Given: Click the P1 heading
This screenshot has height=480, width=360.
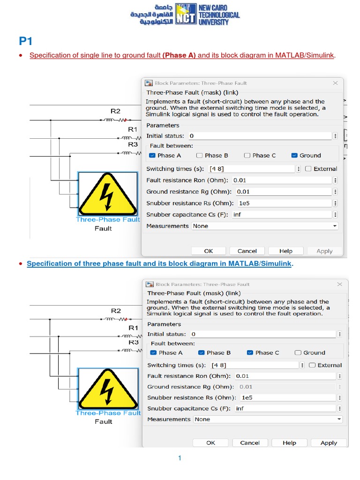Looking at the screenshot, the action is coord(25,41).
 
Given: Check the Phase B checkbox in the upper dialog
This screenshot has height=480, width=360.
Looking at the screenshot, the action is coord(199,156).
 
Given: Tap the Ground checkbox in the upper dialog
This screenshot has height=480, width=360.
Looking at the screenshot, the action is coord(294,156).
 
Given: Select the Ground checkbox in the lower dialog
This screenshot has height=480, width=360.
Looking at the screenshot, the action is coord(298,352).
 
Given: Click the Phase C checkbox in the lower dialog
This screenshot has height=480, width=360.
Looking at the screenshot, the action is coord(250,352).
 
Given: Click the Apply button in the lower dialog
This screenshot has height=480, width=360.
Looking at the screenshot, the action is coord(329,443).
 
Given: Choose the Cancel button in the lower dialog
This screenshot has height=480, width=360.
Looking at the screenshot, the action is coord(250,443).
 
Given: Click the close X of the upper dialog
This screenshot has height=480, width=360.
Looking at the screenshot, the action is coord(335,83).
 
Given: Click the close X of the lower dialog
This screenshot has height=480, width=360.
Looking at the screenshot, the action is coord(339,284).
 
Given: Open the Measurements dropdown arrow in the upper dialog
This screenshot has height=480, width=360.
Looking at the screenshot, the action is coord(335,226).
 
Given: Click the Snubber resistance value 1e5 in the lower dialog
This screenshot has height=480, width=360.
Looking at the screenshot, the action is coord(247,397).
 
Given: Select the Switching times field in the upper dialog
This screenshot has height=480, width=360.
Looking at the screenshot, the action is coord(252,169).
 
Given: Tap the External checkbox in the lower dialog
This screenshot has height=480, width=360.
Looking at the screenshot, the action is coord(312,365).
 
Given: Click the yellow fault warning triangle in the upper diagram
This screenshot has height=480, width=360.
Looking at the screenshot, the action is coord(107,194).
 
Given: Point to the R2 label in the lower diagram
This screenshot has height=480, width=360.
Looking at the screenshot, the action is coord(116,311).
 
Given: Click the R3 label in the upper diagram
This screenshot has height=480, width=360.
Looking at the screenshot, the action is coord(133,144).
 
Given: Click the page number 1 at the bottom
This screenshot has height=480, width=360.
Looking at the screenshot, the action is coord(180,458).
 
